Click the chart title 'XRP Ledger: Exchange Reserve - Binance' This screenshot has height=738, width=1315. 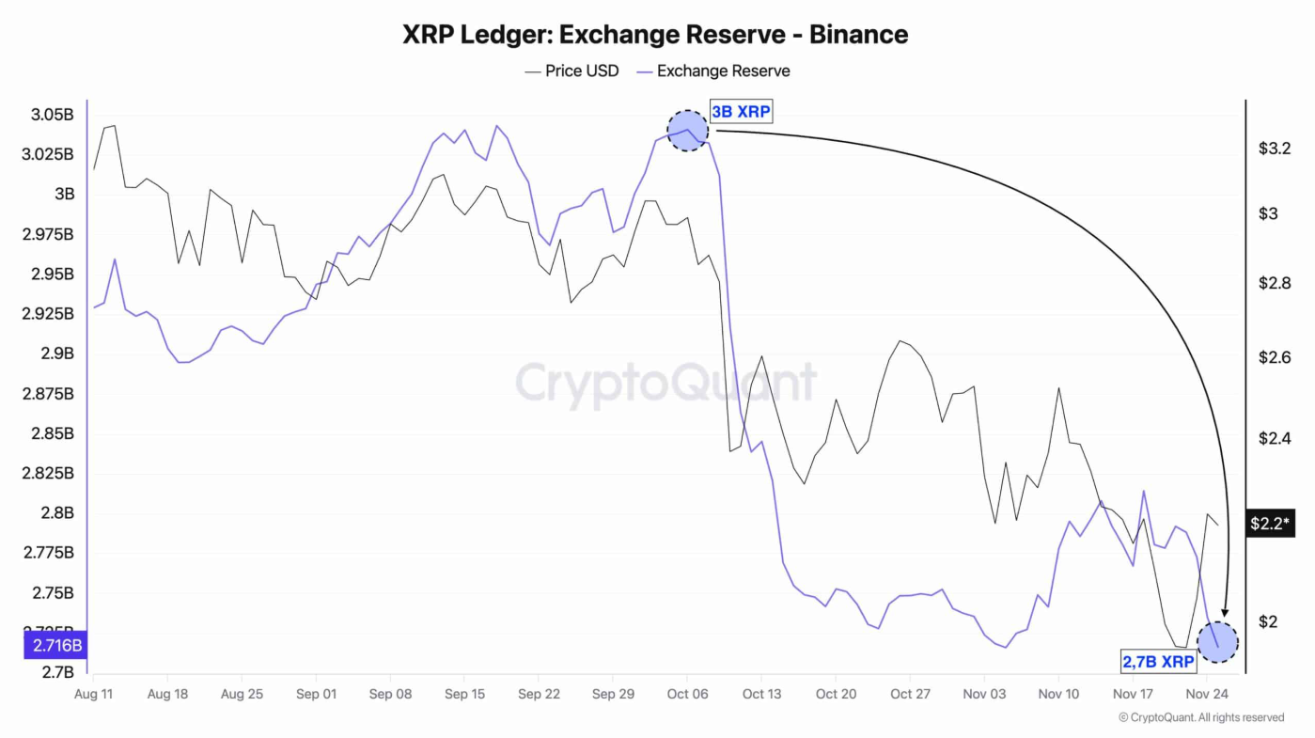[x=655, y=35]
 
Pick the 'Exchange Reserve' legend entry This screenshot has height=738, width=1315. [x=713, y=71]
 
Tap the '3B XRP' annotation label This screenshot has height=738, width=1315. [x=740, y=112]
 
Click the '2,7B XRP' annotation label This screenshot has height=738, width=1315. [x=1158, y=662]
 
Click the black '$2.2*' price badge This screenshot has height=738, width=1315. [x=1269, y=524]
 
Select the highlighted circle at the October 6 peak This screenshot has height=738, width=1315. [x=687, y=131]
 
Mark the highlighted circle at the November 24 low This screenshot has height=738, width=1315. [x=1217, y=642]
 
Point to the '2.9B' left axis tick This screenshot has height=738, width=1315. [x=57, y=353]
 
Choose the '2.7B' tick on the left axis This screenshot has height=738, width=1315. [x=57, y=672]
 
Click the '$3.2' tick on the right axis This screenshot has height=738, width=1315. [x=1274, y=149]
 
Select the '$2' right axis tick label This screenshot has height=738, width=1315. [x=1268, y=621]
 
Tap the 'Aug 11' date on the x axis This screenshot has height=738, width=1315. [x=93, y=694]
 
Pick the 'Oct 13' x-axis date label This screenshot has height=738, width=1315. [x=761, y=694]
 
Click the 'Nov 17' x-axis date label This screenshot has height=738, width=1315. [x=1133, y=694]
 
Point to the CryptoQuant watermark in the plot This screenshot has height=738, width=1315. [x=666, y=383]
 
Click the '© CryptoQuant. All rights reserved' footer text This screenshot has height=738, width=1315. [x=1200, y=717]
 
